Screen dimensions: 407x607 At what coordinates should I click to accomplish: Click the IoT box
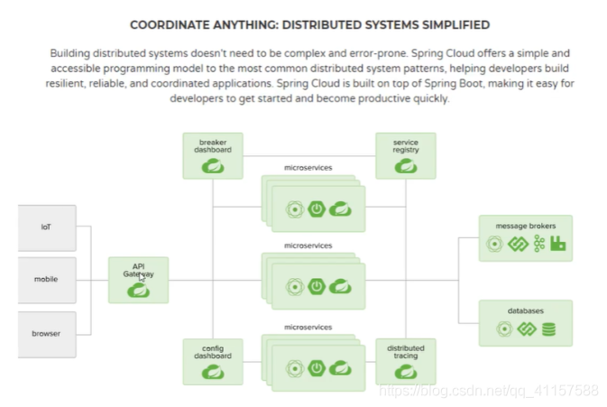pos(46,227)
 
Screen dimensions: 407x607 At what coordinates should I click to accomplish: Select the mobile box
pos(46,280)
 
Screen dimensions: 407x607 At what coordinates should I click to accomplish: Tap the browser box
pos(46,334)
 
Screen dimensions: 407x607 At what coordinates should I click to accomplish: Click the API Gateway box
pos(138,279)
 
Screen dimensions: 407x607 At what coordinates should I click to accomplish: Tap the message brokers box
pos(525,237)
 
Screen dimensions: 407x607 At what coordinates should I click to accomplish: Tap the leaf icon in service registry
pos(405,165)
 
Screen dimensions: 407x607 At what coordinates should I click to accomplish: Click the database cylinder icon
pos(549,329)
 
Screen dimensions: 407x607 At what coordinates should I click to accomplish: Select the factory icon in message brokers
pos(557,244)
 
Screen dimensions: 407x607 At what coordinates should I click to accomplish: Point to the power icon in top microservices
pos(317,209)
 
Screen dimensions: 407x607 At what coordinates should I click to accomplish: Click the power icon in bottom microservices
pos(317,368)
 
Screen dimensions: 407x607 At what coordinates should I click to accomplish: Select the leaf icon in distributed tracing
pos(405,369)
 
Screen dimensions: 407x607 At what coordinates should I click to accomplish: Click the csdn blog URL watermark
pos(487,390)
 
